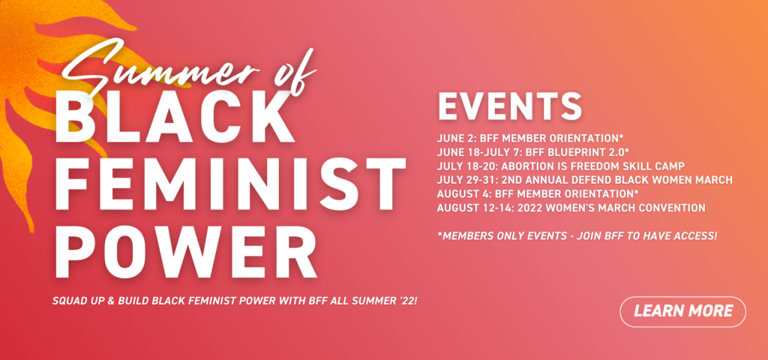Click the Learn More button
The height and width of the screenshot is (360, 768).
tap(682, 311)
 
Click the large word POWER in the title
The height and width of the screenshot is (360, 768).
tap(185, 250)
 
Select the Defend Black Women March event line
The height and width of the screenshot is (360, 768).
tap(585, 180)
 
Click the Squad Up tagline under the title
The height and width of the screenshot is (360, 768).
tap(235, 300)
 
